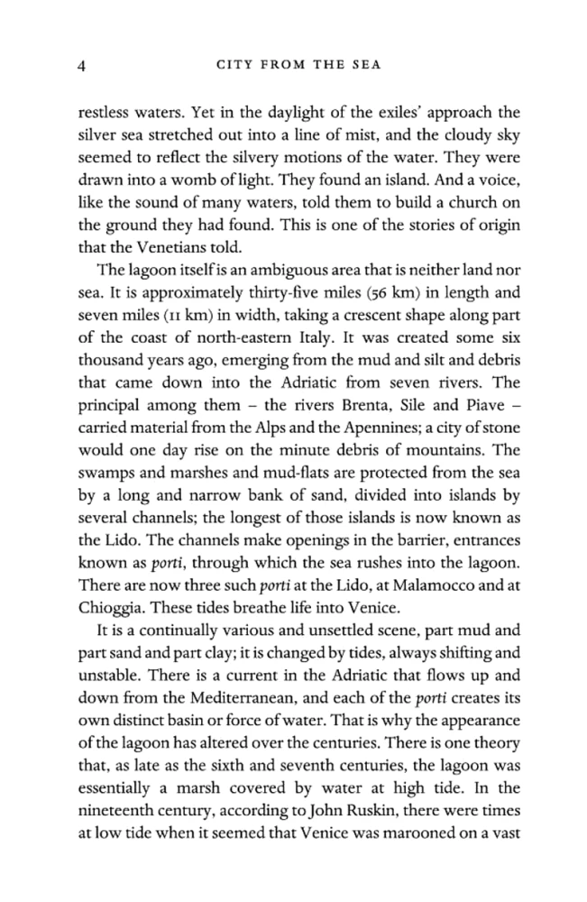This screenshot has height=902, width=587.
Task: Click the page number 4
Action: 82,64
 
